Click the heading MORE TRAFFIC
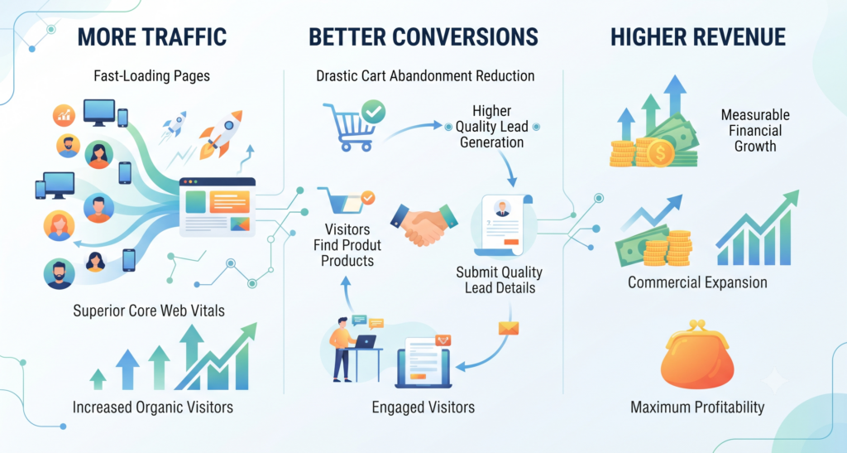(152, 37)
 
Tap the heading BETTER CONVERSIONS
(423, 37)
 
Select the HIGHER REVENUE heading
(698, 37)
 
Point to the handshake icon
(424, 224)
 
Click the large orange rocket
(221, 135)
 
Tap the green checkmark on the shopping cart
(373, 112)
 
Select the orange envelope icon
(509, 328)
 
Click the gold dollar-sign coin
(659, 153)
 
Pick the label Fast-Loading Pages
(152, 75)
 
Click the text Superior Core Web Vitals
(149, 311)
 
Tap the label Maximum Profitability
(697, 407)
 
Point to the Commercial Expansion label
(697, 282)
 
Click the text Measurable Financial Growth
(755, 130)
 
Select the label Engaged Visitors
(423, 407)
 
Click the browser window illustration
(218, 208)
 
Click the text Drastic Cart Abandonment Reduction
(425, 75)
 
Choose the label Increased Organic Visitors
(153, 407)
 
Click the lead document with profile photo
(502, 225)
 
